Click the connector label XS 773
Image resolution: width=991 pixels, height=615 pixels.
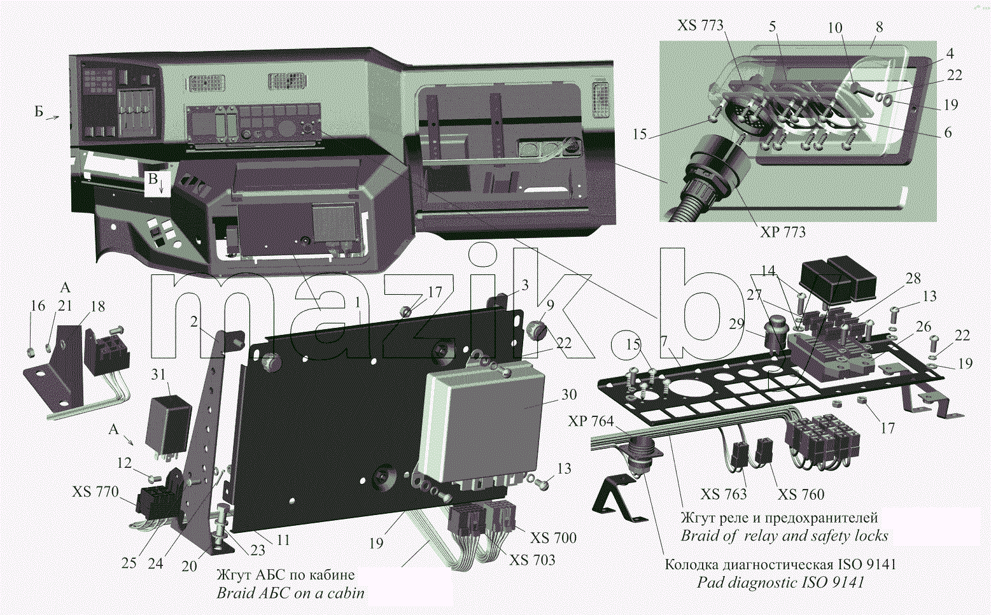700,25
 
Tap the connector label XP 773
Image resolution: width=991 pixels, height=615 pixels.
783,232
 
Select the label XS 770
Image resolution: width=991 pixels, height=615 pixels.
95,491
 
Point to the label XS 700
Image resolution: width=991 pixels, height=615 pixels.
554,537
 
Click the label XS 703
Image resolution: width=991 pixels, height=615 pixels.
532,560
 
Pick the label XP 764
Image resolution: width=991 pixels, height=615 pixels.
591,421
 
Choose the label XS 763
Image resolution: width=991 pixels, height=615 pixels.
724,494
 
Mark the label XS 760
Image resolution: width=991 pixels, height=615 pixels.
801,494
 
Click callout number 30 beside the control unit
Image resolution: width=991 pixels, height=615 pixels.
569,394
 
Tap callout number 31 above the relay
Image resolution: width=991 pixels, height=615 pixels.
158,374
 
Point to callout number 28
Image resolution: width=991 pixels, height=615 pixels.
913,278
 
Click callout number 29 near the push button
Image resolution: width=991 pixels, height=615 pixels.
736,324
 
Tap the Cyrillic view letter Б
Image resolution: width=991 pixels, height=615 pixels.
39,111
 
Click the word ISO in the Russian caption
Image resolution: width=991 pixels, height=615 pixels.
849,564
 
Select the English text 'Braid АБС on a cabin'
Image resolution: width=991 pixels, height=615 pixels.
291,593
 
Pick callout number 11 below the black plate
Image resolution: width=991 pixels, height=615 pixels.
283,540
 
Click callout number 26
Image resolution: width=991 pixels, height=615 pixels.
924,327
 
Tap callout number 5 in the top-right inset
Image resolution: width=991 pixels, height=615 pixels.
773,26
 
